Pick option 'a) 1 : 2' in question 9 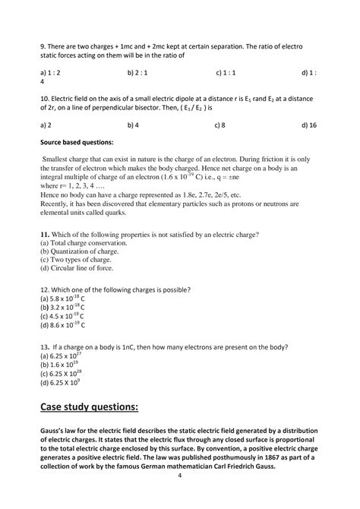pyautogui.click(x=52, y=72)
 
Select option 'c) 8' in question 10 pyautogui.click(x=222, y=124)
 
